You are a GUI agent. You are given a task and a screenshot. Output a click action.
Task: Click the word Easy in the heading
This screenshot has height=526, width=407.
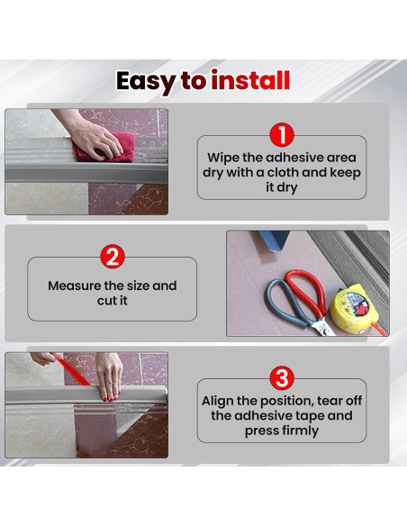(145, 82)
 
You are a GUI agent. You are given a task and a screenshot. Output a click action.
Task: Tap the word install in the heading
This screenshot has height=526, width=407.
(250, 80)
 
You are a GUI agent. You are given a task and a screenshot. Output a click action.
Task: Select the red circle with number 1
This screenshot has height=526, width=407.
(282, 135)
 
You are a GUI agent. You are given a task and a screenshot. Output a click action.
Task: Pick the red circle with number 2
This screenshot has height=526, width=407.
(113, 257)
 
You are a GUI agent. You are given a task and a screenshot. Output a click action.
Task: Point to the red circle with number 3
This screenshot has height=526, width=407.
(282, 377)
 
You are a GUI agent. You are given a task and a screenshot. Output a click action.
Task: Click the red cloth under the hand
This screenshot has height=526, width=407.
(104, 148)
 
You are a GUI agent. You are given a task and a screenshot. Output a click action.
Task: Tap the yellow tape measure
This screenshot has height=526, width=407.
(355, 310)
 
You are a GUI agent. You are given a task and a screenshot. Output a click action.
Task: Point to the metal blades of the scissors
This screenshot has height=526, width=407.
(322, 327)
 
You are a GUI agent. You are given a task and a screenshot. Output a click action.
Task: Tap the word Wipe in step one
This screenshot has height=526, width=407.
(222, 158)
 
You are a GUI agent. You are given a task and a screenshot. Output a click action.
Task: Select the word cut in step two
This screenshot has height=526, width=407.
(106, 301)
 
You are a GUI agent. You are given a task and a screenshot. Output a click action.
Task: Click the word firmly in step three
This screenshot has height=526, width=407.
(299, 431)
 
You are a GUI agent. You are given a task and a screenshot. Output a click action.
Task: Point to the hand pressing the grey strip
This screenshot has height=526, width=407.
(109, 376)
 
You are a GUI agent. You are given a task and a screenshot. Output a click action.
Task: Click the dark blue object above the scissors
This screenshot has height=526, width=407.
(274, 240)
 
